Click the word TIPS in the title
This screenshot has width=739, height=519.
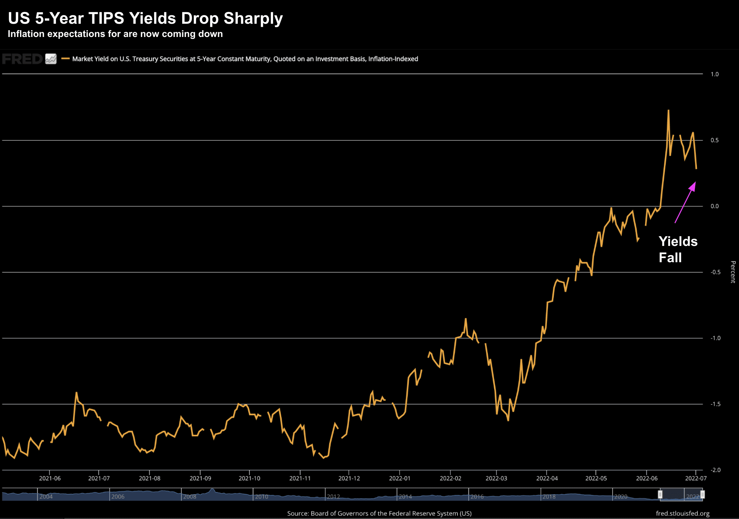coord(106,18)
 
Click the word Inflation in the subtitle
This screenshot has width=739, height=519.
coord(26,34)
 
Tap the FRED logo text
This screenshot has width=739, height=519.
coord(22,59)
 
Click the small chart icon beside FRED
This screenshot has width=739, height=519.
coord(51,59)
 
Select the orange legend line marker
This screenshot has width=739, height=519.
coord(65,59)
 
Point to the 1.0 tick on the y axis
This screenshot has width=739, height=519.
coord(715,74)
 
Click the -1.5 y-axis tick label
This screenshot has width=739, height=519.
coord(715,404)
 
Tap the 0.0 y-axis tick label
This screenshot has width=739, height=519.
coord(715,206)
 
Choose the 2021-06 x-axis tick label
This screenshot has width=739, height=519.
coord(50,478)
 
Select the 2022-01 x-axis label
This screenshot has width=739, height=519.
coord(400,478)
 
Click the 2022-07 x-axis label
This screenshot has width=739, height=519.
coord(696,478)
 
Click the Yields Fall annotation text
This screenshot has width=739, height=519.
coord(678,249)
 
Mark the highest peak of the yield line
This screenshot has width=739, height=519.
coord(668,110)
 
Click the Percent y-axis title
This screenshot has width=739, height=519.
coord(733,272)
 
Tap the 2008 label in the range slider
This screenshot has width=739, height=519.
coord(190,497)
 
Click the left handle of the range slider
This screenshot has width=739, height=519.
coord(660,495)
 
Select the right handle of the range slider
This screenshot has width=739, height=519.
coord(702,495)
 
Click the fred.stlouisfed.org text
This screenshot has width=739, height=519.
coord(682,514)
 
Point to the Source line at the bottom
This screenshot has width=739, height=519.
coord(379,514)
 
